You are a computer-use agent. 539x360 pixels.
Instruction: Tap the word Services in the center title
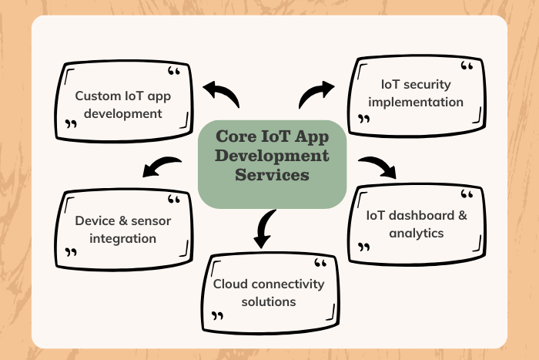click(x=273, y=175)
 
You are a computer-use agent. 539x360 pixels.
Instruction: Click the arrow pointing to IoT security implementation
click(x=316, y=94)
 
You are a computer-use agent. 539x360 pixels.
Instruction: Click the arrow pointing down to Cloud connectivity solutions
click(x=264, y=228)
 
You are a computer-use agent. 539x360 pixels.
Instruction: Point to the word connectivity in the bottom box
click(x=288, y=284)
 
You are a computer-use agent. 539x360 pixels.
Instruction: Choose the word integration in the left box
click(x=123, y=239)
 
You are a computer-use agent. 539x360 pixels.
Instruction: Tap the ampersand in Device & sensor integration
click(x=122, y=221)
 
